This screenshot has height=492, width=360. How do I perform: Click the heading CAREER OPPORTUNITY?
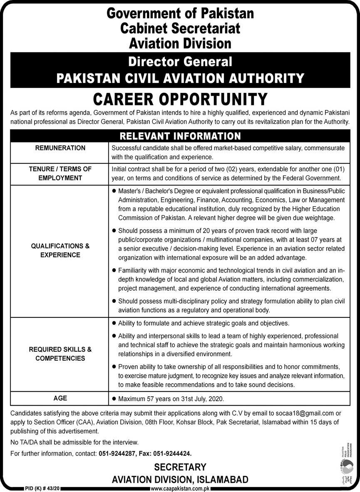(x=180, y=99)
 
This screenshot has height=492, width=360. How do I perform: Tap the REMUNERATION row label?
(x=60, y=148)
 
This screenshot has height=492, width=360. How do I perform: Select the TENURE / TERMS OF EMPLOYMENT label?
(x=60, y=173)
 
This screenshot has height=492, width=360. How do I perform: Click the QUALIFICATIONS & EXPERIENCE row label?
(x=60, y=250)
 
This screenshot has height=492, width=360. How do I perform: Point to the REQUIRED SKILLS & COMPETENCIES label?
(x=60, y=354)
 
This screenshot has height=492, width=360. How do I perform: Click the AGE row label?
(x=60, y=398)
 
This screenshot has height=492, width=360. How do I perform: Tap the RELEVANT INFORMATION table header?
(x=180, y=136)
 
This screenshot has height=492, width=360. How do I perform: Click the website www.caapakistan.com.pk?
(x=180, y=488)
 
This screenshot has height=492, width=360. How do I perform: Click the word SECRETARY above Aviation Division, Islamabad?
(x=180, y=467)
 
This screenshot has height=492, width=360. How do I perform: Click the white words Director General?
(x=180, y=62)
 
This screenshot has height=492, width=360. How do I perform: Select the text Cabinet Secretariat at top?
(x=180, y=28)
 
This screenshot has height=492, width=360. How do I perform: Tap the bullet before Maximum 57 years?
(x=114, y=399)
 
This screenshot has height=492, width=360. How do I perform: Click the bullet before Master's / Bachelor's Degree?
(x=114, y=191)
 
